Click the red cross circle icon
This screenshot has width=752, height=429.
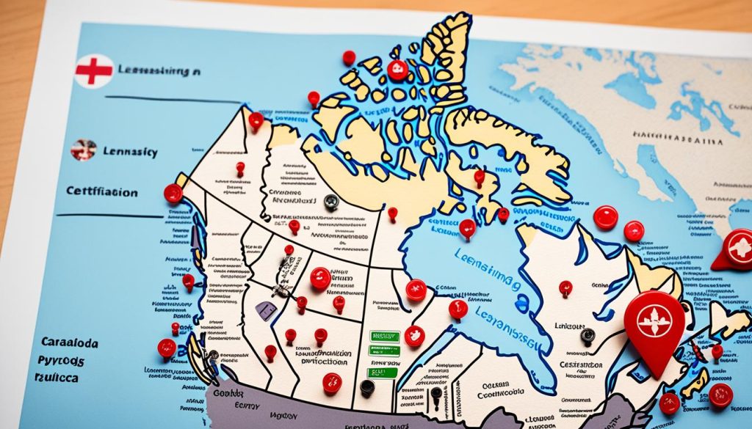(x=94, y=70)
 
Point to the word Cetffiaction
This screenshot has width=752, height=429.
(x=101, y=192)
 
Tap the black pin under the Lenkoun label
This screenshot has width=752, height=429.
(x=587, y=336)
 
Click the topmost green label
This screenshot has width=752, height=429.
(x=384, y=336)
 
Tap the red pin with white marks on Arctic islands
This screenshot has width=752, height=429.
(x=397, y=70)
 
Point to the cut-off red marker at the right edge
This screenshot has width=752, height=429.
(x=735, y=249)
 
